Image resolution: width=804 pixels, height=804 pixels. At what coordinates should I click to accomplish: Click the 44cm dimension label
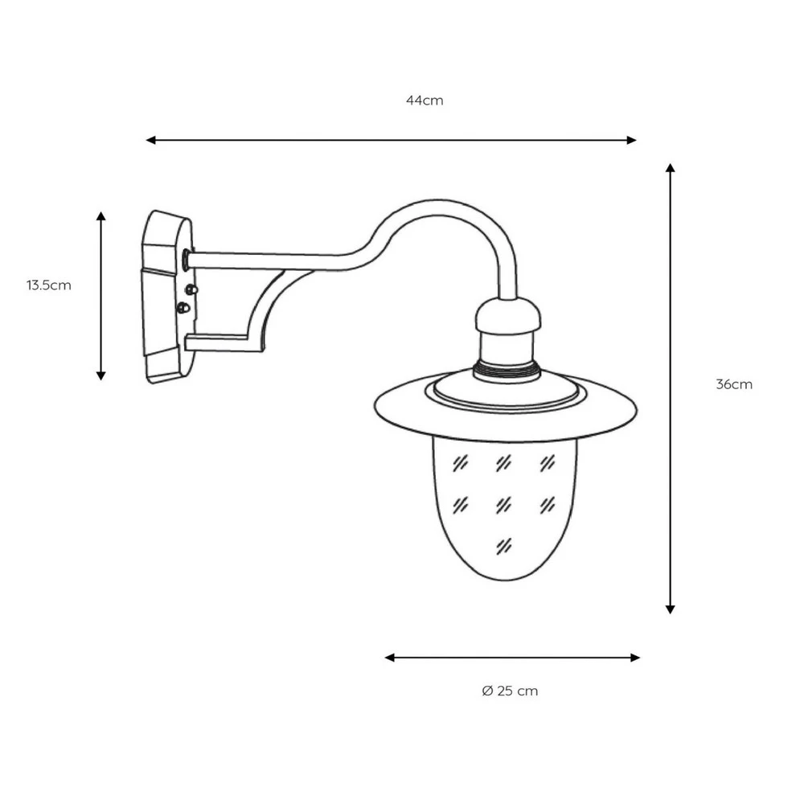pyautogui.click(x=425, y=100)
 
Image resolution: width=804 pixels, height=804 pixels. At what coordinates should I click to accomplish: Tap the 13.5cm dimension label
pyautogui.click(x=49, y=285)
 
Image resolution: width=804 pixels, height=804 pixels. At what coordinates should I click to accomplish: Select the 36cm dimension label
pyautogui.click(x=734, y=384)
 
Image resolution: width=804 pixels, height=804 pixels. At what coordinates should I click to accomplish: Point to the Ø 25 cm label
pyautogui.click(x=511, y=691)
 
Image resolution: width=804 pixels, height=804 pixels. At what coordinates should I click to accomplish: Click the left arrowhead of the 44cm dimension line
pyautogui.click(x=150, y=140)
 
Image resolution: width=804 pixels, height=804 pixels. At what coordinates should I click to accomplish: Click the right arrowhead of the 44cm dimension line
pyautogui.click(x=632, y=140)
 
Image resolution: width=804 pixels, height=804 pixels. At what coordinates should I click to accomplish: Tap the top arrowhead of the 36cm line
pyautogui.click(x=671, y=168)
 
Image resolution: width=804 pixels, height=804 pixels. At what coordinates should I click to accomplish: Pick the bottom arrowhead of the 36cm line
pyautogui.click(x=671, y=609)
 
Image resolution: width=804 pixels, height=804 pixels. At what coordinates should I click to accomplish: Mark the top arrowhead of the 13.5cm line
pyautogui.click(x=101, y=215)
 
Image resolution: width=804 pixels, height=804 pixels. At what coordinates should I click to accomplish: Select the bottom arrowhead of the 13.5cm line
pyautogui.click(x=101, y=375)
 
